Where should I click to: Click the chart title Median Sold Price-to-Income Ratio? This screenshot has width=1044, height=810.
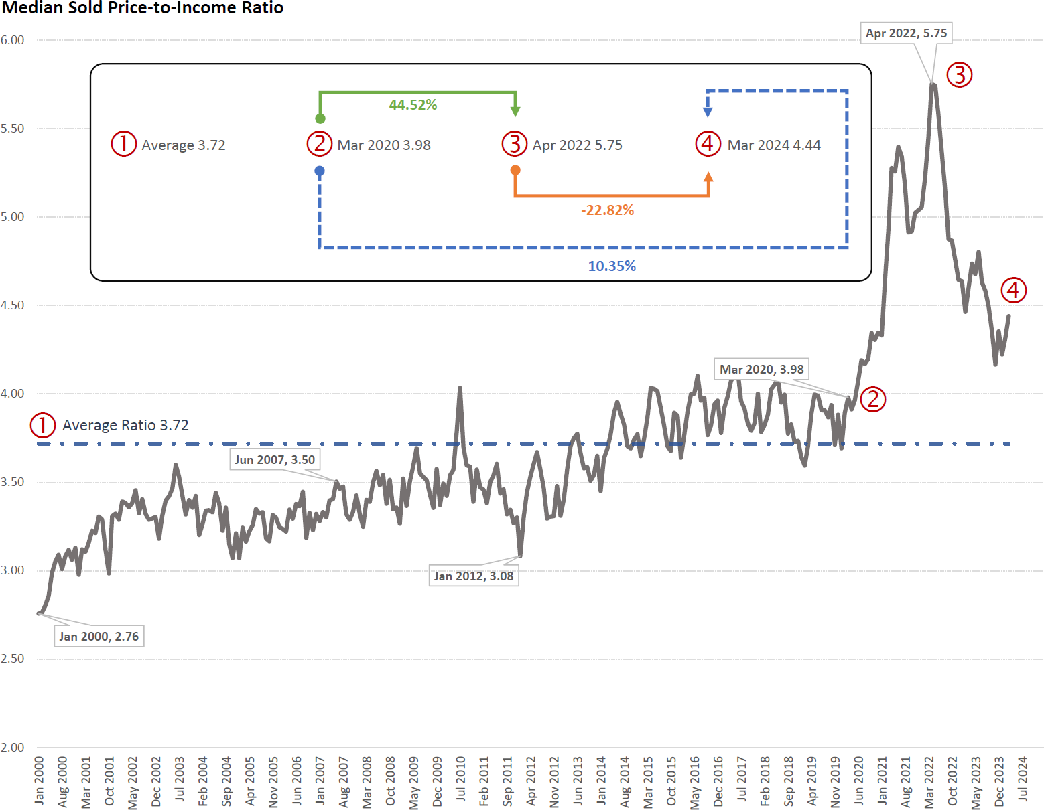pyautogui.click(x=143, y=8)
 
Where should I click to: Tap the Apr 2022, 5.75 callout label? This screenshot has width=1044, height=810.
pyautogui.click(x=906, y=33)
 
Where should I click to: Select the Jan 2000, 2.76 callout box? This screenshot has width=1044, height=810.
pyautogui.click(x=99, y=636)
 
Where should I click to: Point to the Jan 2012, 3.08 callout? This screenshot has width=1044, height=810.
pyautogui.click(x=473, y=576)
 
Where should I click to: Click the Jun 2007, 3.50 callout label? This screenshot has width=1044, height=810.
pyautogui.click(x=275, y=459)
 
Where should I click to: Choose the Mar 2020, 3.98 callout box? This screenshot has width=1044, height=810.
pyautogui.click(x=761, y=370)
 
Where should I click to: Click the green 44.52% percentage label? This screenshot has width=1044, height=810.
pyautogui.click(x=413, y=105)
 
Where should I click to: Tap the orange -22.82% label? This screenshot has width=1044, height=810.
pyautogui.click(x=607, y=210)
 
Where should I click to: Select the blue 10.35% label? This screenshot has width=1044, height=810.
pyautogui.click(x=612, y=266)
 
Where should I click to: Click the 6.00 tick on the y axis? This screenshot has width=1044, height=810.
pyautogui.click(x=12, y=40)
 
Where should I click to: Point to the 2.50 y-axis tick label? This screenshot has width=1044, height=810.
pyautogui.click(x=12, y=659)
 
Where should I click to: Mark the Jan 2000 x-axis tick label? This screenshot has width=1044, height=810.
pyautogui.click(x=40, y=780)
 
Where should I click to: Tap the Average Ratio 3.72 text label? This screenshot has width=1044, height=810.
pyautogui.click(x=125, y=425)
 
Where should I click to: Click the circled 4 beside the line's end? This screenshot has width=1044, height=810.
pyautogui.click(x=1013, y=290)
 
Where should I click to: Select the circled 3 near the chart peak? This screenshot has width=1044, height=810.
pyautogui.click(x=960, y=74)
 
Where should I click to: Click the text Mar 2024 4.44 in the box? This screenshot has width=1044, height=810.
pyautogui.click(x=774, y=145)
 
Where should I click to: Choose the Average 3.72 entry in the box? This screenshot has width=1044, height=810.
pyautogui.click(x=184, y=145)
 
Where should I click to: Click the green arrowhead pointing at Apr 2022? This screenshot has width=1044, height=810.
pyautogui.click(x=515, y=110)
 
